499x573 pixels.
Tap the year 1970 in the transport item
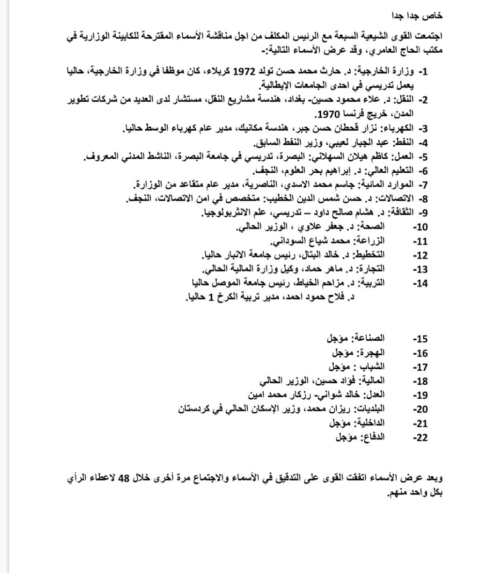(x=327, y=115)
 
